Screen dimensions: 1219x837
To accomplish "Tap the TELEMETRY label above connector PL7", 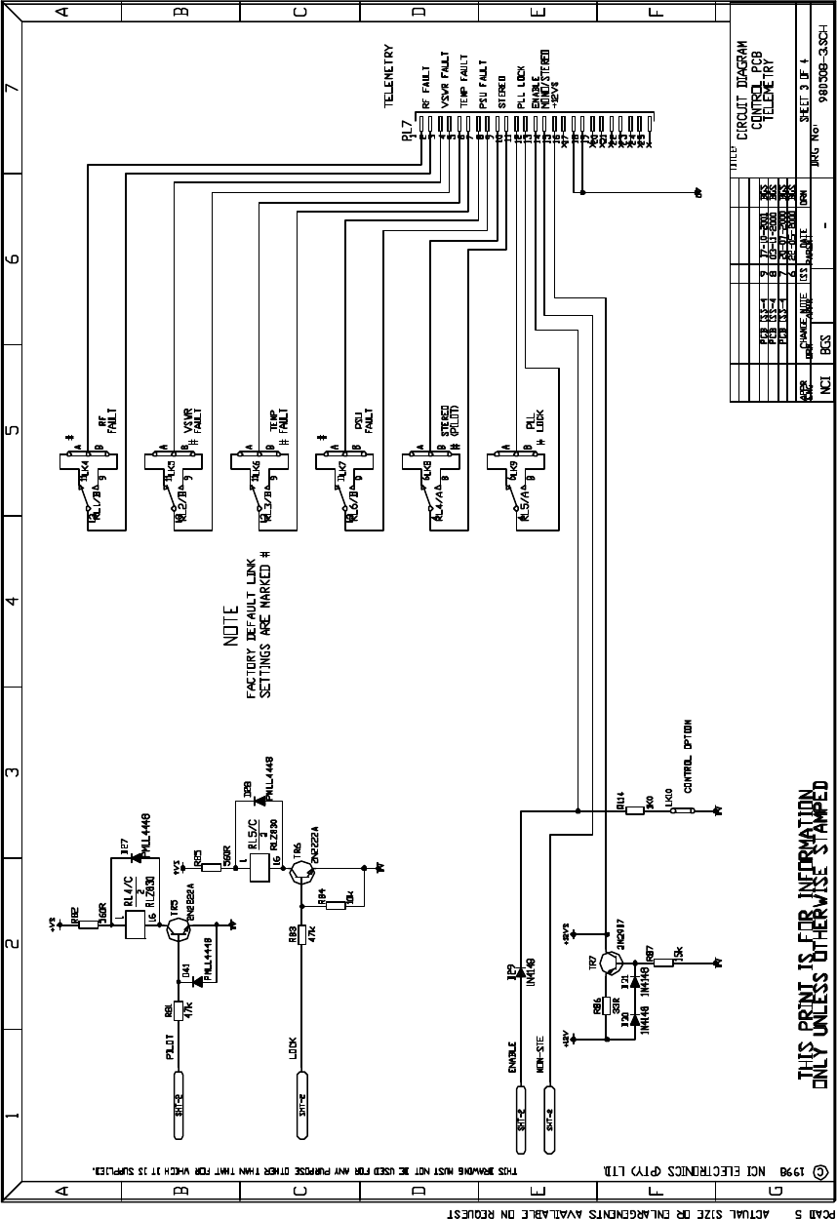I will point(388,70).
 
